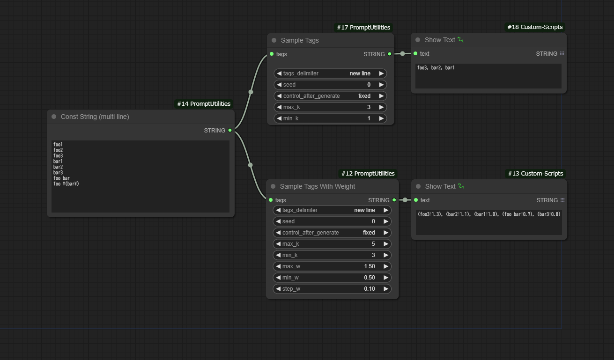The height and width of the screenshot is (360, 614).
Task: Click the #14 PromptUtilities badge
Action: click(x=204, y=104)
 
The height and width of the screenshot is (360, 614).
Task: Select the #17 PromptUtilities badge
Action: click(x=363, y=28)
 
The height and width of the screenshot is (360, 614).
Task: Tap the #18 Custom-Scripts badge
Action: click(x=535, y=27)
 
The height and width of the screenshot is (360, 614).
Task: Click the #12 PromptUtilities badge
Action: click(x=368, y=173)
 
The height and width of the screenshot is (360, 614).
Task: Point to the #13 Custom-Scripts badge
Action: click(x=535, y=173)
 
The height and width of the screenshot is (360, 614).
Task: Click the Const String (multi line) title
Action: click(x=95, y=117)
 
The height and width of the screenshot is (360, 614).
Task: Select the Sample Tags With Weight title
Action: click(x=318, y=186)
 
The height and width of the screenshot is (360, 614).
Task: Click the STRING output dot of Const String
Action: click(x=230, y=130)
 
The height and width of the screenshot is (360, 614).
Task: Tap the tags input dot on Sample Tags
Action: click(x=272, y=54)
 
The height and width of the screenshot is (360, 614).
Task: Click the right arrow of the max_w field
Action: click(x=386, y=266)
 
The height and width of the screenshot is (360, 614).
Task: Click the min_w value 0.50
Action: click(x=370, y=278)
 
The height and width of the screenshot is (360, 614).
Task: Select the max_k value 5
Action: click(x=373, y=244)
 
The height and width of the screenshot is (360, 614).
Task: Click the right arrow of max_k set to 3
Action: click(x=381, y=107)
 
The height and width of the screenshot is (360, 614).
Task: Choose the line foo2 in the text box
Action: click(x=58, y=150)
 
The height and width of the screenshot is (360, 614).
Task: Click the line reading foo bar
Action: click(x=61, y=178)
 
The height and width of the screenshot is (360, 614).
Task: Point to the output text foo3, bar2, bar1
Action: click(x=436, y=68)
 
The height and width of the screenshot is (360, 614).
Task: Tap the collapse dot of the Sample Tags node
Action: click(x=274, y=40)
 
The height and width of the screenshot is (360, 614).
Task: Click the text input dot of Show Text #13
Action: click(x=416, y=200)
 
